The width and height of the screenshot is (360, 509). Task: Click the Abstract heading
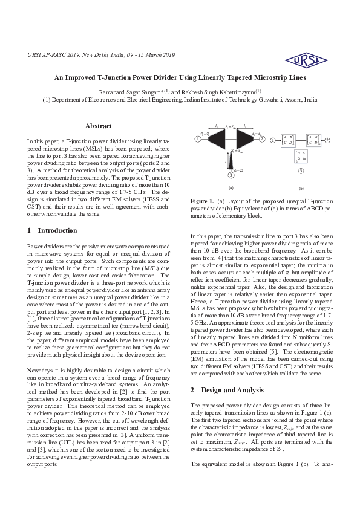click(x=99, y=126)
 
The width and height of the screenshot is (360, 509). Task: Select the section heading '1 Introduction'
click(x=53, y=230)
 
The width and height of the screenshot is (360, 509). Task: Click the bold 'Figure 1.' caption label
click(x=202, y=200)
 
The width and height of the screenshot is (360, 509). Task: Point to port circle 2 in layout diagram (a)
click(x=263, y=139)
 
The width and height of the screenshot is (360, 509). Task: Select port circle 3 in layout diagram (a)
click(x=231, y=176)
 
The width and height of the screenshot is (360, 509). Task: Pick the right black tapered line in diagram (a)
click(x=246, y=140)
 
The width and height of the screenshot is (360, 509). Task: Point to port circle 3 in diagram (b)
click(x=301, y=172)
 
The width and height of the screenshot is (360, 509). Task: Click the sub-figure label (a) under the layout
click(x=231, y=188)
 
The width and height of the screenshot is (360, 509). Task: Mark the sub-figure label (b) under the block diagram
click(x=301, y=188)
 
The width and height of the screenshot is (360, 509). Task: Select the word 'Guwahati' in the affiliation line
click(x=269, y=100)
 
